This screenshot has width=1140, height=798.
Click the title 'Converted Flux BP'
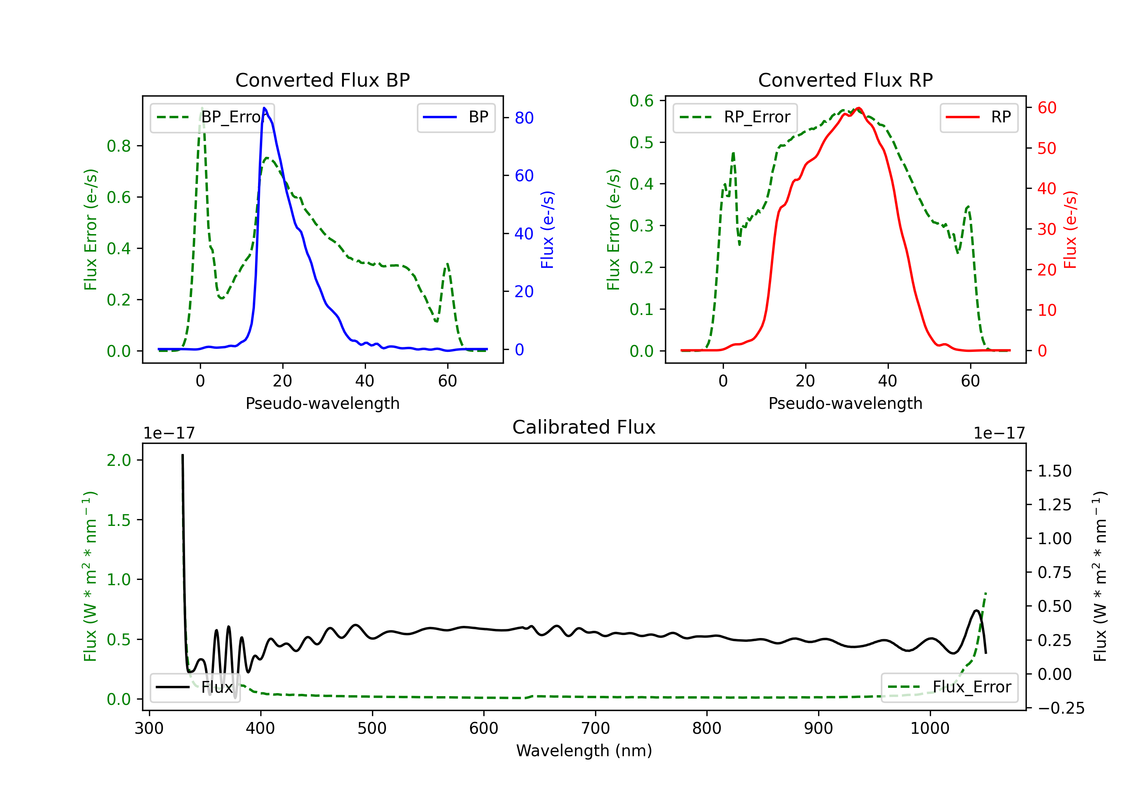click(322, 80)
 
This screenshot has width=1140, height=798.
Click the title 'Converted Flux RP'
click(845, 80)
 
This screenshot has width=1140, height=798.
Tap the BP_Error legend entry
click(212, 117)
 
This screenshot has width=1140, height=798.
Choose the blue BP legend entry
click(456, 117)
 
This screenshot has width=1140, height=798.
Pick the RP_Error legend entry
click(735, 117)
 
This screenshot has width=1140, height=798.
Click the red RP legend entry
click(978, 117)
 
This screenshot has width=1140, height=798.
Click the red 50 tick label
click(1047, 149)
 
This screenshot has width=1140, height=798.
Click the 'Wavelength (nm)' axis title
click(584, 750)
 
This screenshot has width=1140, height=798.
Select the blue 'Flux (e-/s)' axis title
click(547, 230)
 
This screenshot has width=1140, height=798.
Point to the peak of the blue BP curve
click(264, 108)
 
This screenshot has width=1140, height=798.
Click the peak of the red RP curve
click(858, 108)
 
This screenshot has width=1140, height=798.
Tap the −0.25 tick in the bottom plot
click(1061, 708)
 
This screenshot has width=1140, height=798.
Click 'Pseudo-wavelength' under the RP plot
click(845, 403)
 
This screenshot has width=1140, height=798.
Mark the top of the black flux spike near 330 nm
click(182, 455)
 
